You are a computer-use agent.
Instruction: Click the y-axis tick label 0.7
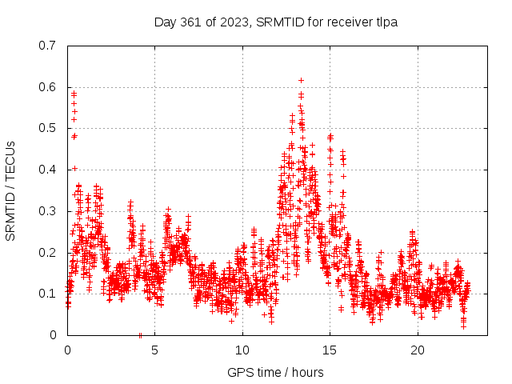click(x=48, y=45)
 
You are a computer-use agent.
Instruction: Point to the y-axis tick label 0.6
click(x=48, y=86)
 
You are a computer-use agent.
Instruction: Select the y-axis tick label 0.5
click(x=48, y=128)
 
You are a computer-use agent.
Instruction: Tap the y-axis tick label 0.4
click(x=48, y=170)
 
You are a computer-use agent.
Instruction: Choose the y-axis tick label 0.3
click(x=48, y=211)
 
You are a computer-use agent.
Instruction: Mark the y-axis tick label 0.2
click(x=48, y=253)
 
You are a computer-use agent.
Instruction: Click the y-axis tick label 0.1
click(x=48, y=294)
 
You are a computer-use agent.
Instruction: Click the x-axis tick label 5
click(x=154, y=350)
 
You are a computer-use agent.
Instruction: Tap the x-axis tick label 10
click(x=242, y=350)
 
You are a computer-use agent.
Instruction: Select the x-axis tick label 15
click(x=330, y=350)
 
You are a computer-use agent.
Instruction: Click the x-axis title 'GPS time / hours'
click(x=275, y=372)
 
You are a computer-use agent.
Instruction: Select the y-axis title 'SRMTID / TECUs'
click(x=10, y=190)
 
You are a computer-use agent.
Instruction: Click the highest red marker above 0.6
click(x=301, y=80)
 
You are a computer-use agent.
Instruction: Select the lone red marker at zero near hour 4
click(x=140, y=335)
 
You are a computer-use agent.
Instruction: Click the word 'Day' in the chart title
click(x=166, y=22)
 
